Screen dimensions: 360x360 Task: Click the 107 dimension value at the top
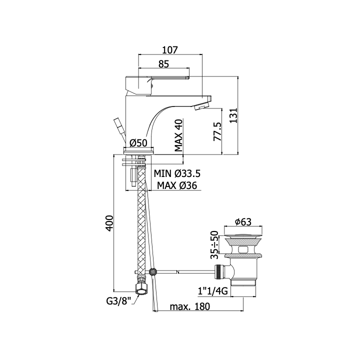170,50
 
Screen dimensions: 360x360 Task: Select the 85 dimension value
163,64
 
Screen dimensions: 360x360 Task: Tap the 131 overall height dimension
233,115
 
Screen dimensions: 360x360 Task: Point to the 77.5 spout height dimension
217,131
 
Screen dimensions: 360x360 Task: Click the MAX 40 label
178,135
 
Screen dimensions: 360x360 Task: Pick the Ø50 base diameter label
138,143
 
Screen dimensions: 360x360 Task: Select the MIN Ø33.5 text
177,173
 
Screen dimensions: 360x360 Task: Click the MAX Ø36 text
177,185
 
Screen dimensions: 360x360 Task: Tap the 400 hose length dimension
109,223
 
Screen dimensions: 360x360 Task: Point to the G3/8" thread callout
118,300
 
